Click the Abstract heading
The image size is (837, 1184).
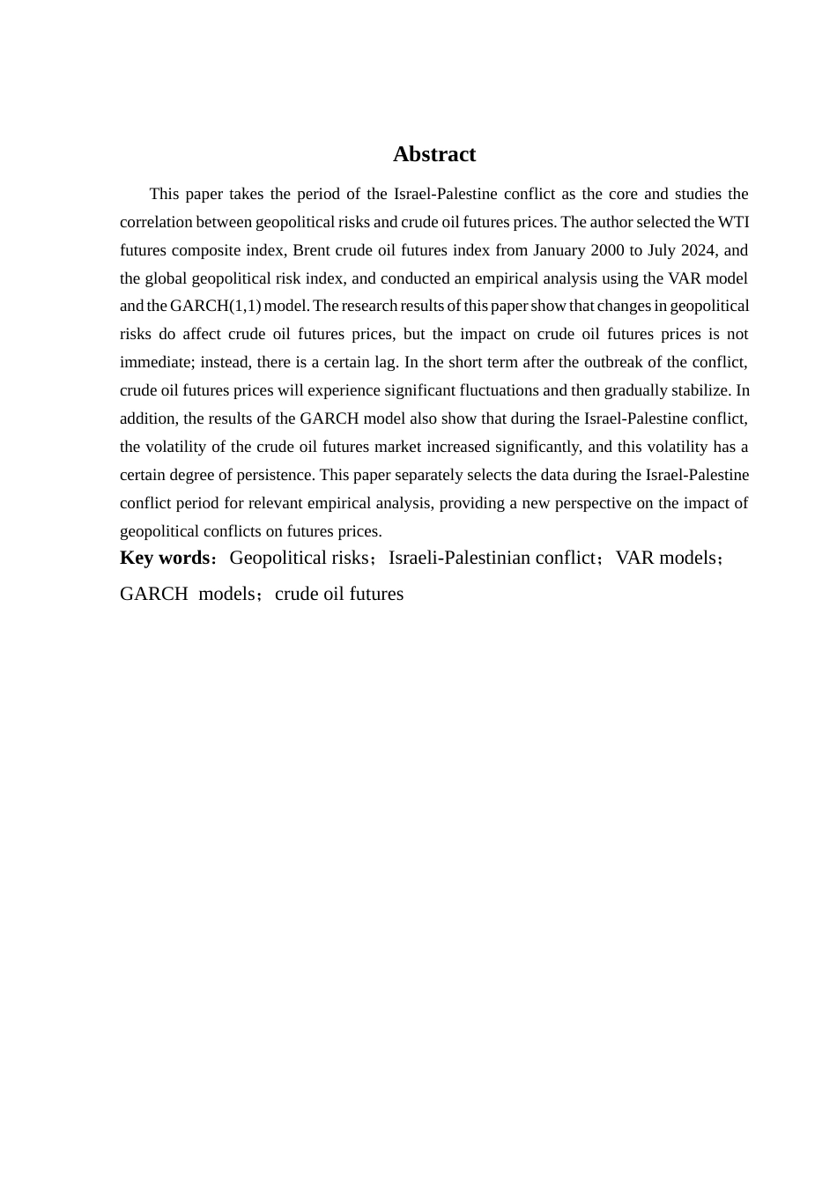pos(433,154)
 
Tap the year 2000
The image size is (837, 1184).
pos(607,250)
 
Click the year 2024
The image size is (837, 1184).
pos(698,250)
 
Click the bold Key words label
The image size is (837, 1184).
pos(164,558)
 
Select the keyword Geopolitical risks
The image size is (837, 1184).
pos(299,558)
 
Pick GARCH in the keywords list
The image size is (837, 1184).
pos(153,594)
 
